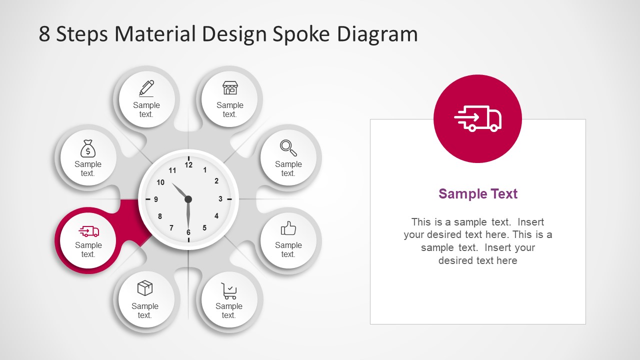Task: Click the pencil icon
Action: point(146,88)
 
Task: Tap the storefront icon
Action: point(230,88)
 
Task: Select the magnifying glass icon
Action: point(288,147)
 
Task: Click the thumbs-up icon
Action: point(288,229)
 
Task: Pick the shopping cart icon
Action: point(229,290)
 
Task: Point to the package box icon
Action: point(145,288)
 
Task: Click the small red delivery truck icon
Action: point(89,231)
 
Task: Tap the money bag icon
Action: point(88,148)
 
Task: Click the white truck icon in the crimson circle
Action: point(477,119)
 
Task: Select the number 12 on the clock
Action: point(188,164)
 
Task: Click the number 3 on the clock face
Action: point(220,199)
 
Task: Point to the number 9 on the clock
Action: point(156,199)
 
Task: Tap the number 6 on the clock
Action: point(188,232)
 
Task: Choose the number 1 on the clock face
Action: point(205,170)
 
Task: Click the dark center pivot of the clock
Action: point(188,199)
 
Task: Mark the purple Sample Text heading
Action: point(478,194)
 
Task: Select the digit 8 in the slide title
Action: point(44,34)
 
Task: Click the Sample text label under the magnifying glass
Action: point(288,168)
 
